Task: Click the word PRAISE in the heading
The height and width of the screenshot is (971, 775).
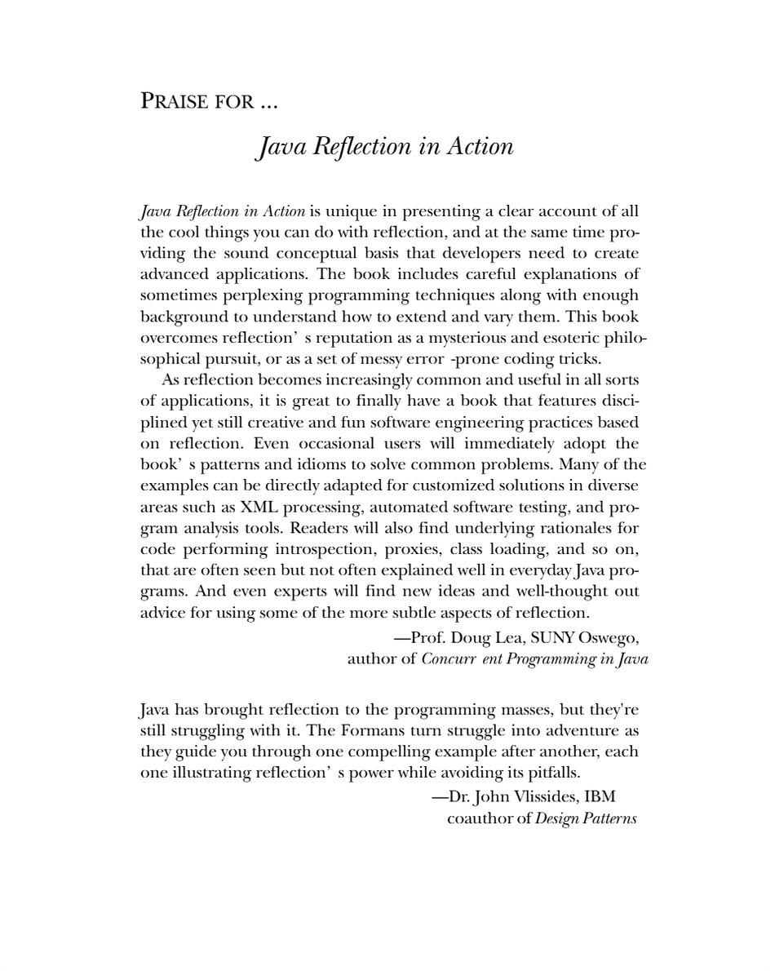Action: pos(174,102)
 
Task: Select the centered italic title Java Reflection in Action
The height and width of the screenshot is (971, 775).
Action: pos(385,147)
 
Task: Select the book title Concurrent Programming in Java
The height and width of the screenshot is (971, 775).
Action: pos(534,658)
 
